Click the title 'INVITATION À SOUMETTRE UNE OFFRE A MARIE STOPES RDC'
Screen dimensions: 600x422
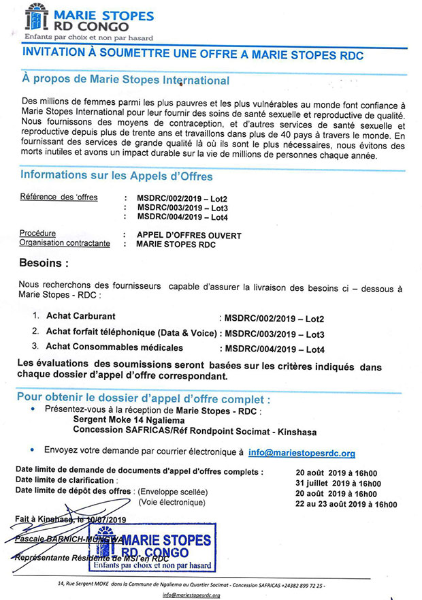pyautogui.click(x=194, y=54)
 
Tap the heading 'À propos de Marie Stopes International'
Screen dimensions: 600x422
pyautogui.click(x=126, y=80)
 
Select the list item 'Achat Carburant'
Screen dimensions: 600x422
pyautogui.click(x=81, y=317)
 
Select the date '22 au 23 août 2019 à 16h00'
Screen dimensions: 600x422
pyautogui.click(x=346, y=504)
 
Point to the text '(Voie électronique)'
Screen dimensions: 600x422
pyautogui.click(x=171, y=503)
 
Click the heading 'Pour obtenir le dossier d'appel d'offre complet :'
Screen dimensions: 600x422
pyautogui.click(x=138, y=398)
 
